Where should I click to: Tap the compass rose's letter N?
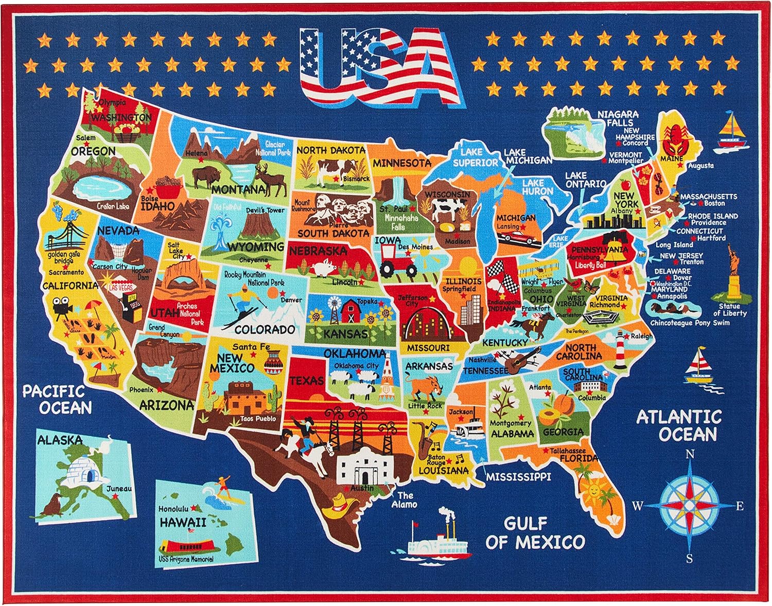coord(689,454)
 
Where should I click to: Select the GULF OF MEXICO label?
coord(535,533)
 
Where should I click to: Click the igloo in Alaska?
coord(85,466)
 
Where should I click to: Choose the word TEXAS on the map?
coord(307,380)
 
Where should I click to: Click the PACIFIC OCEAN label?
coord(57,400)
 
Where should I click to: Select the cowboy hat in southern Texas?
coord(338,504)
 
